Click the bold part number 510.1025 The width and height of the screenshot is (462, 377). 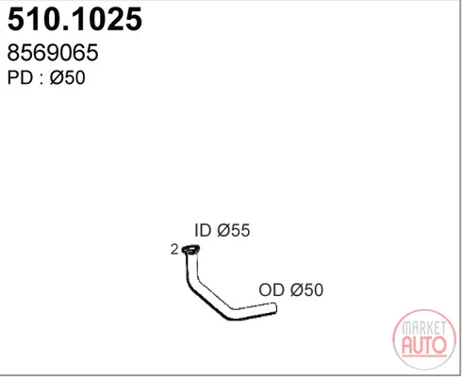point(74,19)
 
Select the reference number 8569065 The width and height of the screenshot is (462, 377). point(53,52)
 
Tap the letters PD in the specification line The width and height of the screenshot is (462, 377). point(20,77)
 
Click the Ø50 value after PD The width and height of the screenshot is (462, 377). point(68,77)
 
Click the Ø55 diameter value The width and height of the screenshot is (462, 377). point(234,230)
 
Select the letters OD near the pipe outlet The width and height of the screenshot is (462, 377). point(272,289)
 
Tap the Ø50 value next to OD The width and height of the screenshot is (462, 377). point(307,289)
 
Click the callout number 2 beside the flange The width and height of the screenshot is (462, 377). point(174,250)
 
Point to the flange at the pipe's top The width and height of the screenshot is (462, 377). point(190,250)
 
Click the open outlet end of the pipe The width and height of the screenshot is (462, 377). point(274,308)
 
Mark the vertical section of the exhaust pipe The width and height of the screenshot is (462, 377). point(191,267)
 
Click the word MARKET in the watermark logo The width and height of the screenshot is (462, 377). point(424,328)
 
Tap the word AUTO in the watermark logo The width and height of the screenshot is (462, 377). point(424,345)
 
